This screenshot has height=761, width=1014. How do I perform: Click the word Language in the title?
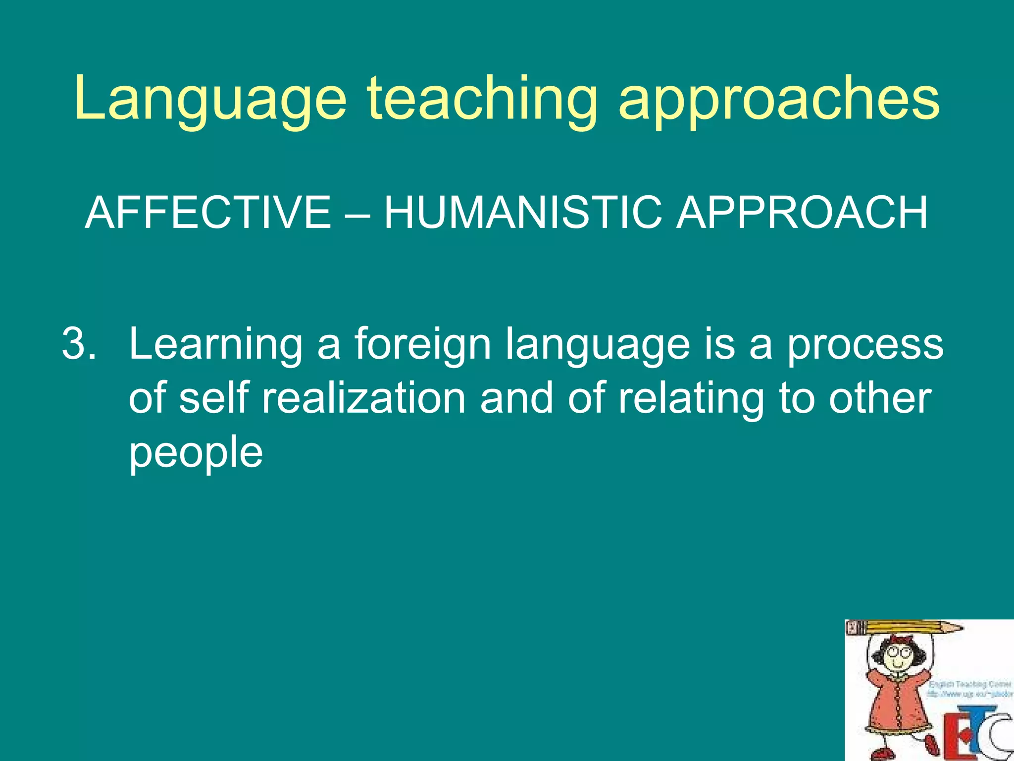[210, 99]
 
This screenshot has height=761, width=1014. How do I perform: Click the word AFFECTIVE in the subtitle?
[208, 213]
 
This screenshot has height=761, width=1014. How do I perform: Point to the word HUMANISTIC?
[523, 213]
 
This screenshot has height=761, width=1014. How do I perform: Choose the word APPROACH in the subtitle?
[802, 213]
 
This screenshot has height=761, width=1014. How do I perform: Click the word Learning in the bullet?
[215, 344]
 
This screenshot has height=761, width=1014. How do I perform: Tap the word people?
[196, 453]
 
